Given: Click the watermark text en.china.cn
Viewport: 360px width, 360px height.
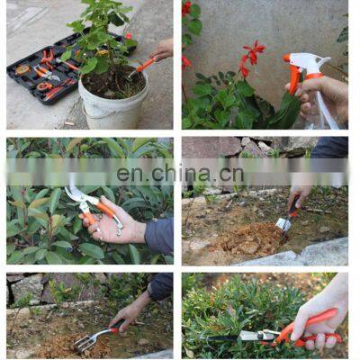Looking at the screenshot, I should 180,174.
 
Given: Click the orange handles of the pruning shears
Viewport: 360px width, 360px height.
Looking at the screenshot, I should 105,211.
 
